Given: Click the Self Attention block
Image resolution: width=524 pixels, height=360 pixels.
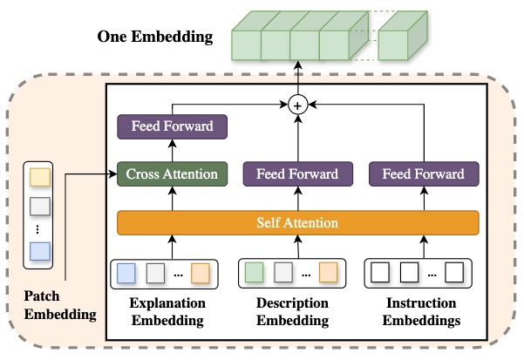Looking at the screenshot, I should tap(298, 223).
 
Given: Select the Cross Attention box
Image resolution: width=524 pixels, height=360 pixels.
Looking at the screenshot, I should tap(172, 173).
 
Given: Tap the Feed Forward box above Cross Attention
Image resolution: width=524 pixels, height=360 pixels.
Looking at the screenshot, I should tap(172, 126).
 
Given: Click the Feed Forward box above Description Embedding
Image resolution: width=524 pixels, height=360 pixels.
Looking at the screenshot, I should tap(298, 173).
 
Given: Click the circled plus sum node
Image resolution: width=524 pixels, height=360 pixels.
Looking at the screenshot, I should tap(298, 105).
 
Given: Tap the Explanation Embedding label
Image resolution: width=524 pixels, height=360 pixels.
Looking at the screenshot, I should tap(172, 312).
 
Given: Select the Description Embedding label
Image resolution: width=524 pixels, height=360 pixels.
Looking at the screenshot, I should tap(298, 312).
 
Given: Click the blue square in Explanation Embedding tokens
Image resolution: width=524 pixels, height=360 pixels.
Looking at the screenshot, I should tap(128, 272).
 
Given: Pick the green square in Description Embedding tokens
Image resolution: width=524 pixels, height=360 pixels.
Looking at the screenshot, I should tap(254, 272).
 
